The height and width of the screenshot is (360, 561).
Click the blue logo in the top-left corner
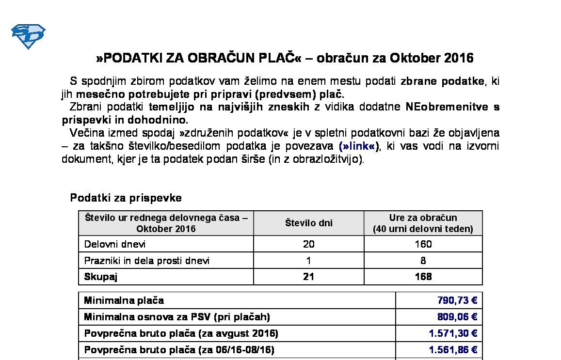[28, 36]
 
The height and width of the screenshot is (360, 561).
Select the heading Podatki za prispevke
[126, 198]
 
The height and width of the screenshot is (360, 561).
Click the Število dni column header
[308, 223]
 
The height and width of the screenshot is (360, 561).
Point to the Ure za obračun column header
[423, 223]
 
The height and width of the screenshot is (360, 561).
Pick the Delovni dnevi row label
[115, 244]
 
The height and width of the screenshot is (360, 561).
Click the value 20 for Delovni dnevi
[308, 244]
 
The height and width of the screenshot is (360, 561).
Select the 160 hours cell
[423, 244]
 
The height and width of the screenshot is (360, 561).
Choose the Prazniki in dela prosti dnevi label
[147, 261]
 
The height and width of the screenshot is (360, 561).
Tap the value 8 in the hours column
[423, 261]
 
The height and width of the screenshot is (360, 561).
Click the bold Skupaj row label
[101, 277]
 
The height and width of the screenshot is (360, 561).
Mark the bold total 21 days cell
[308, 277]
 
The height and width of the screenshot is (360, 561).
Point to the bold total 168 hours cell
[423, 277]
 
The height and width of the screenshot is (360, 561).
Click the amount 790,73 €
[457, 300]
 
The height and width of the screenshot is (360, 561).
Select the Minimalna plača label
[124, 300]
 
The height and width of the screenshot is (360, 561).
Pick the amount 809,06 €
[457, 317]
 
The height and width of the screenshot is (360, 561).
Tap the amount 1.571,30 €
[453, 333]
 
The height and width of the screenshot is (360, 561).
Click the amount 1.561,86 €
[453, 350]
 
